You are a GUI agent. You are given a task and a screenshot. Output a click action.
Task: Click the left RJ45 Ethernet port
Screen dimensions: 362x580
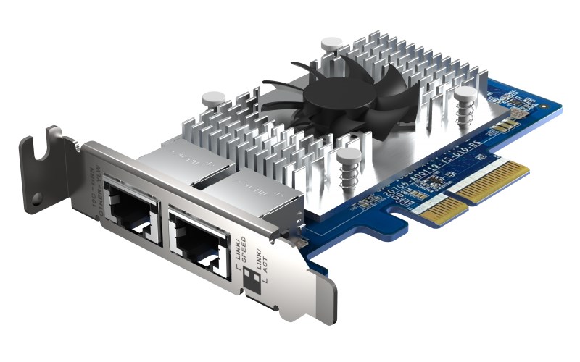click(133, 206)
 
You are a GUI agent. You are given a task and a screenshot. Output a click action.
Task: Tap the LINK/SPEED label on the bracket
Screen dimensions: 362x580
click(240, 250)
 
